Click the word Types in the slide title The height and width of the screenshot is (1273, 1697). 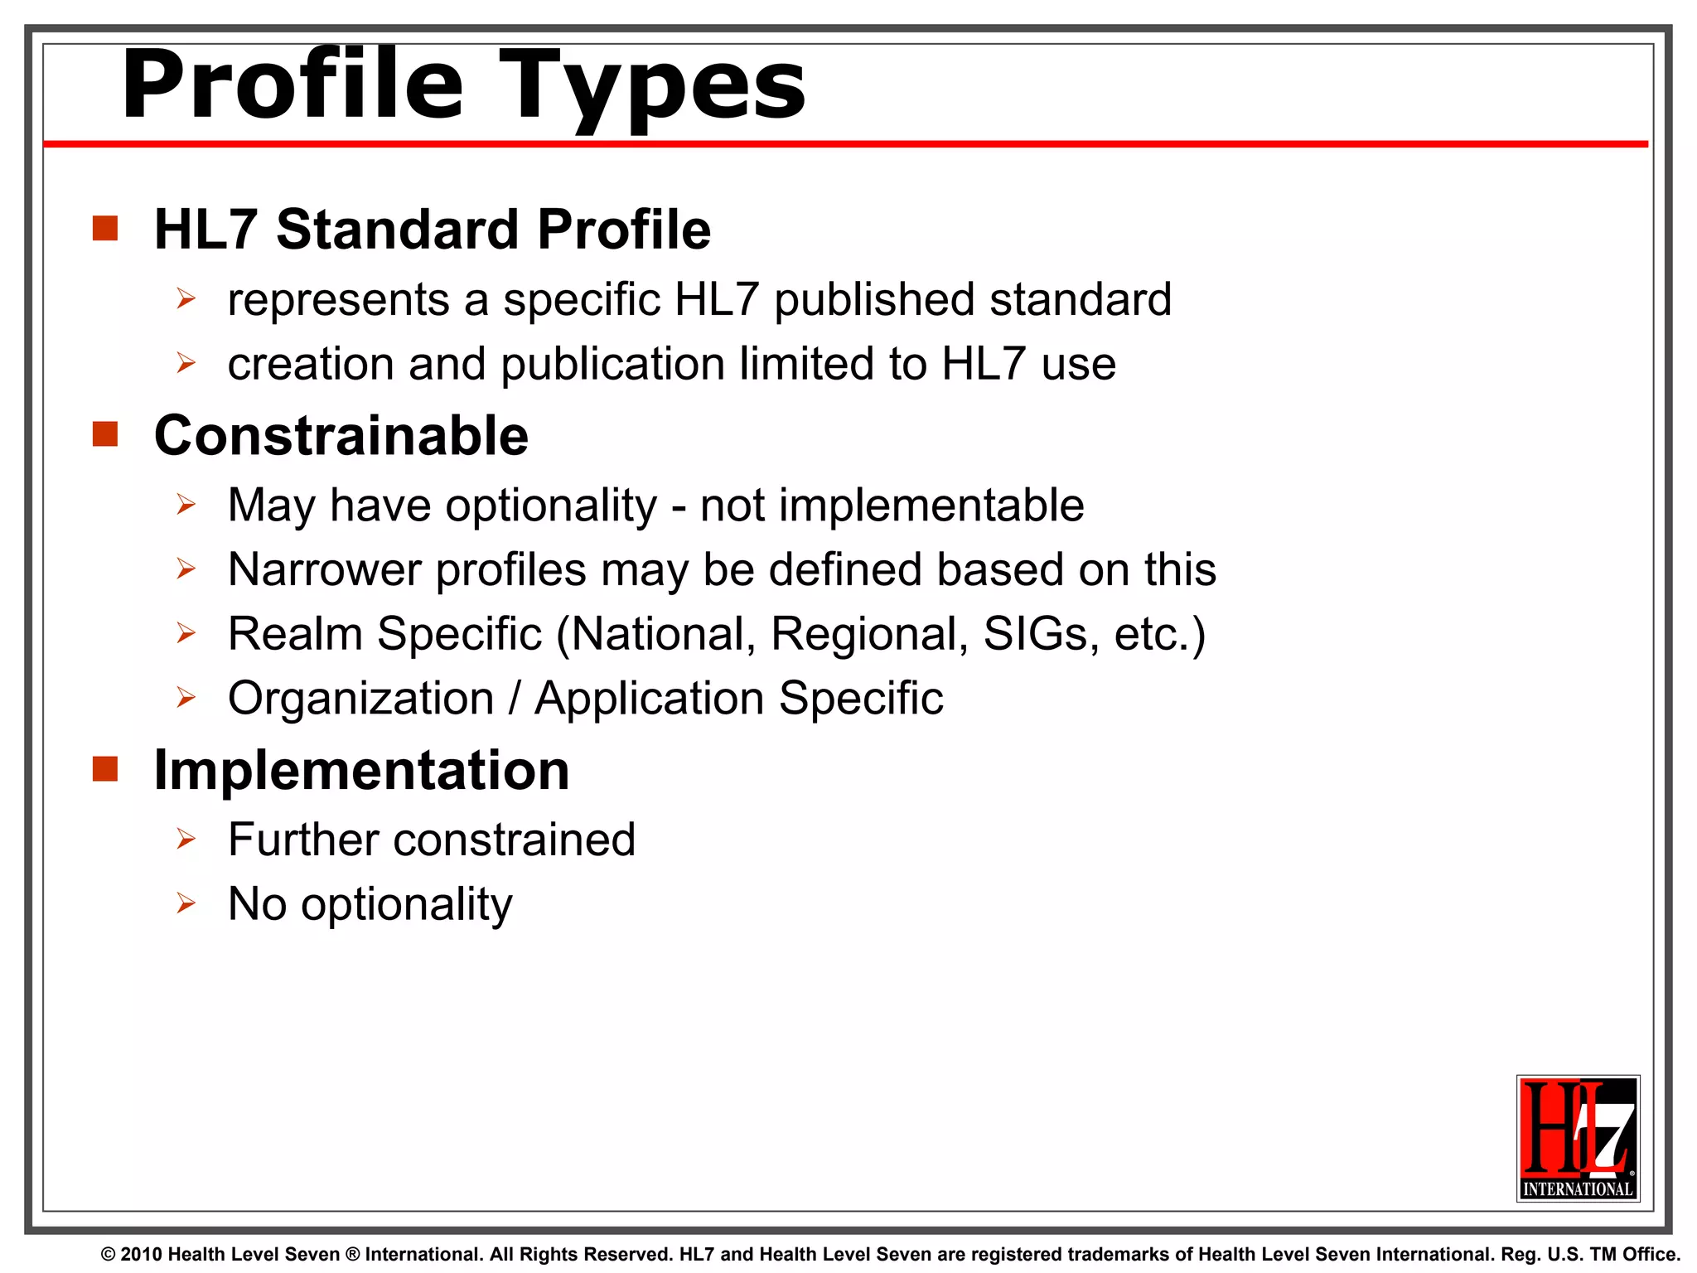tap(651, 86)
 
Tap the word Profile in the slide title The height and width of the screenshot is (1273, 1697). tap(292, 85)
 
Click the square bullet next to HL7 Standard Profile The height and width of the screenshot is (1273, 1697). tap(105, 228)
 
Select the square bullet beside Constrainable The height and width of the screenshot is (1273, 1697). tap(105, 433)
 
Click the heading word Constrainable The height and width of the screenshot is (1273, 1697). tap(341, 436)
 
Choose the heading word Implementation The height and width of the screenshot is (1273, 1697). tap(361, 771)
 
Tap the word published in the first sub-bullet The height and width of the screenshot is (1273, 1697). tap(874, 299)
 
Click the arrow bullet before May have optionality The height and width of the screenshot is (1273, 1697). tap(186, 505)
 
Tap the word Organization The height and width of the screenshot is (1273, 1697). tap(360, 699)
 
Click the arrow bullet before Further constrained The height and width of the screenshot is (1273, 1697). tap(186, 840)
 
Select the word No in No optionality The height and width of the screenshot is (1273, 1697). tap(257, 904)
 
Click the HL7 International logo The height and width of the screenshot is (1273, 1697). tap(1578, 1138)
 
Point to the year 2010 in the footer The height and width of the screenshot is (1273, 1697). tap(141, 1255)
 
